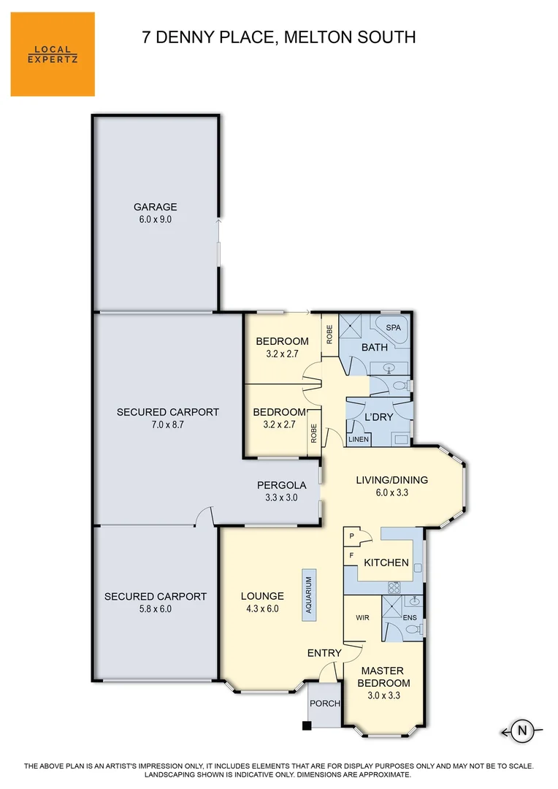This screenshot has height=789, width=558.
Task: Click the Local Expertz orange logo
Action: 53,54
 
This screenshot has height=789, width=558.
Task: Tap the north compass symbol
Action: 521,729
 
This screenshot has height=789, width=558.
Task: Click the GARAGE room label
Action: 155,207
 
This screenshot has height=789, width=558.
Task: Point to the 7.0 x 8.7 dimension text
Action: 167,424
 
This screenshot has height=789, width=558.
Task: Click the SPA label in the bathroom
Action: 393,327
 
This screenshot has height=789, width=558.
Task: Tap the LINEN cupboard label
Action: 358,438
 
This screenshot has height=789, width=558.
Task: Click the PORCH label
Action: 325,704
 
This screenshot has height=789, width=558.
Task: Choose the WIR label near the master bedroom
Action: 362,618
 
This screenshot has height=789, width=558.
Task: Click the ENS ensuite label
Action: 410,618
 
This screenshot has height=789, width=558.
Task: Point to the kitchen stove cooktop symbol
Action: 394,587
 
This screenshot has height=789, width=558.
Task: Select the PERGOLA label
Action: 281,485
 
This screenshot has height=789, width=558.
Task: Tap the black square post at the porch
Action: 307,725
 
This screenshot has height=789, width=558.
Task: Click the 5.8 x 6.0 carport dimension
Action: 155,609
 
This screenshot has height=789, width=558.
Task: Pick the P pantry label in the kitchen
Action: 351,535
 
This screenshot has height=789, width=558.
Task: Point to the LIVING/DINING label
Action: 391,480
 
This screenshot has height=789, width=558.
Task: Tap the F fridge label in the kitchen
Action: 351,556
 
